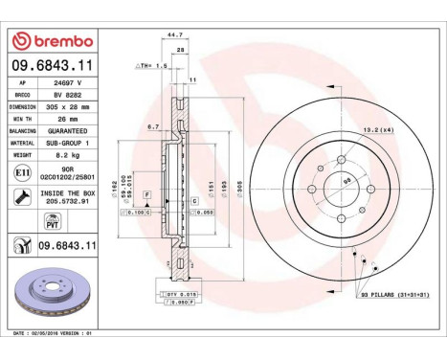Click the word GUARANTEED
[x=75, y=130]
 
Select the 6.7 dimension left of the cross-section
[x=153, y=126]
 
